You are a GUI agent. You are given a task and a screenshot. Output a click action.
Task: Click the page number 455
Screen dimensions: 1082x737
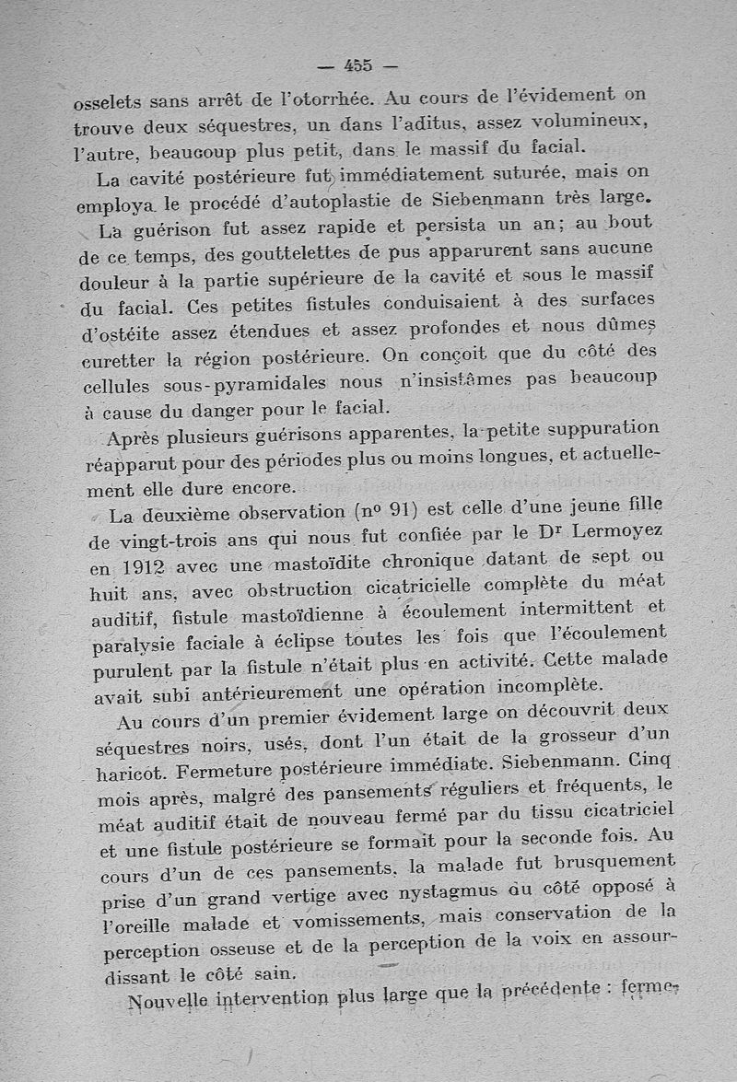(x=357, y=65)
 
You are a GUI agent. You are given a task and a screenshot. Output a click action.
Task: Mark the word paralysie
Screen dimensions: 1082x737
(x=136, y=646)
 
